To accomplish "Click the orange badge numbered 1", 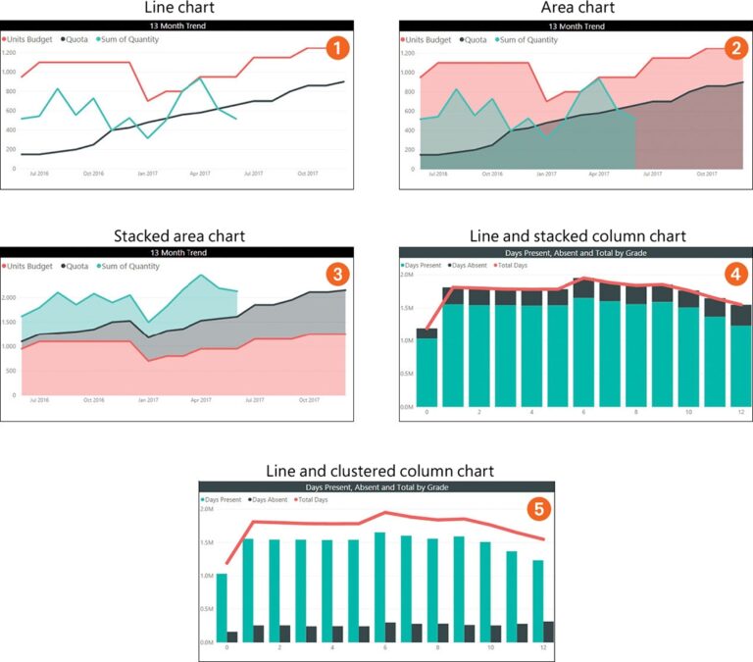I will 336,47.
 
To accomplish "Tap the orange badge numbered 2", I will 731,46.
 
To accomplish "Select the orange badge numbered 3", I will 337,272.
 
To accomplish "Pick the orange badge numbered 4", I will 731,271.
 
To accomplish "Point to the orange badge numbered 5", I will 535,509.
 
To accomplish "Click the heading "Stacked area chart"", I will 179,235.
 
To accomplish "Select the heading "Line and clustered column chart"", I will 376,472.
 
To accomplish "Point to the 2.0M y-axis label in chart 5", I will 207,509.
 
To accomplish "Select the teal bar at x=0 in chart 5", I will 222,608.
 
